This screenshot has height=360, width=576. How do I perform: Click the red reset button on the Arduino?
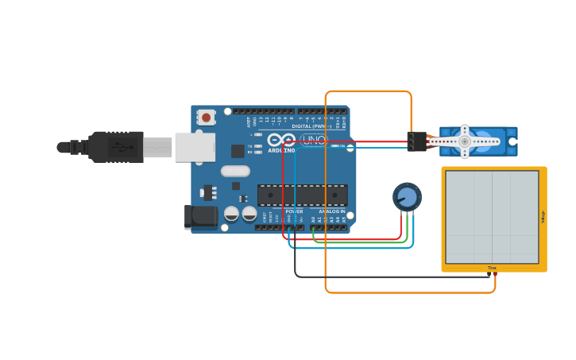click(206, 118)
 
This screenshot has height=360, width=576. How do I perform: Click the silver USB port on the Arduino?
click(195, 147)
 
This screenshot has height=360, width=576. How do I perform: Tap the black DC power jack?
click(201, 216)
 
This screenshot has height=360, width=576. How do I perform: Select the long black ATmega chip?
click(302, 195)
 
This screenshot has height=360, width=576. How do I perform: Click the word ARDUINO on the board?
click(281, 150)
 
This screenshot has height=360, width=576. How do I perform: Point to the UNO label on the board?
click(314, 140)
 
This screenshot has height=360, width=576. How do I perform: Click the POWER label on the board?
click(294, 211)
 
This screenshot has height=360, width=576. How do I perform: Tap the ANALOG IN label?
click(332, 211)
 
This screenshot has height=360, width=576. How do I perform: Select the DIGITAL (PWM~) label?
click(311, 126)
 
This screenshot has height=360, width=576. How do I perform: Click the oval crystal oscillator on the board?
click(235, 171)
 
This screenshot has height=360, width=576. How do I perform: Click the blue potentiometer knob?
click(407, 197)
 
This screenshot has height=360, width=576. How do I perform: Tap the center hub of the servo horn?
click(465, 141)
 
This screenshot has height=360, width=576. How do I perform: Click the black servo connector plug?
click(416, 141)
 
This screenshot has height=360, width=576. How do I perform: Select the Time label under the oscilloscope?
click(492, 268)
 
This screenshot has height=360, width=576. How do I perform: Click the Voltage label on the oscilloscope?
click(543, 216)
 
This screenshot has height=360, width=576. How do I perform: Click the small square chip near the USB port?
click(238, 151)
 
